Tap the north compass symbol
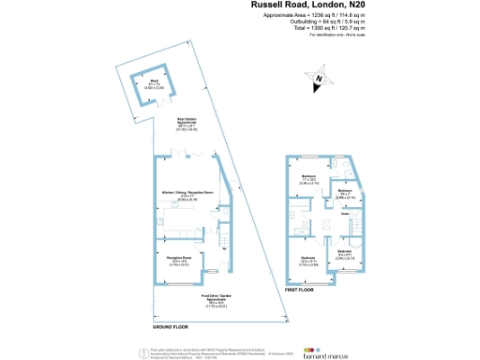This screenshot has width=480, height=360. (x=320, y=78)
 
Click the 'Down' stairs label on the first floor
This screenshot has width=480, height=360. (x=344, y=214)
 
